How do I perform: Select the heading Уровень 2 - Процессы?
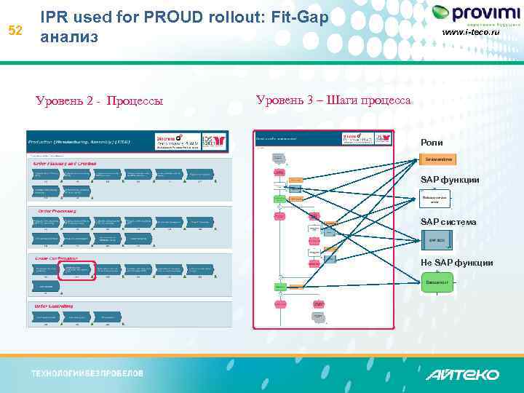(99, 100)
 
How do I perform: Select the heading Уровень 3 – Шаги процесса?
(333, 100)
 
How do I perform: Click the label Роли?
(431, 143)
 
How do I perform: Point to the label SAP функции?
(450, 180)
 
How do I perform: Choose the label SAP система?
(448, 222)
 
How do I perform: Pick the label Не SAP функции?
(456, 263)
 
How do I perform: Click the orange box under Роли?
(439, 159)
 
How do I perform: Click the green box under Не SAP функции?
(437, 281)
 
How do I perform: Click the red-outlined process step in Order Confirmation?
(76, 270)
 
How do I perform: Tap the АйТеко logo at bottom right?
(463, 374)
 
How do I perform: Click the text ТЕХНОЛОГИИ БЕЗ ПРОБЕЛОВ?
(87, 373)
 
